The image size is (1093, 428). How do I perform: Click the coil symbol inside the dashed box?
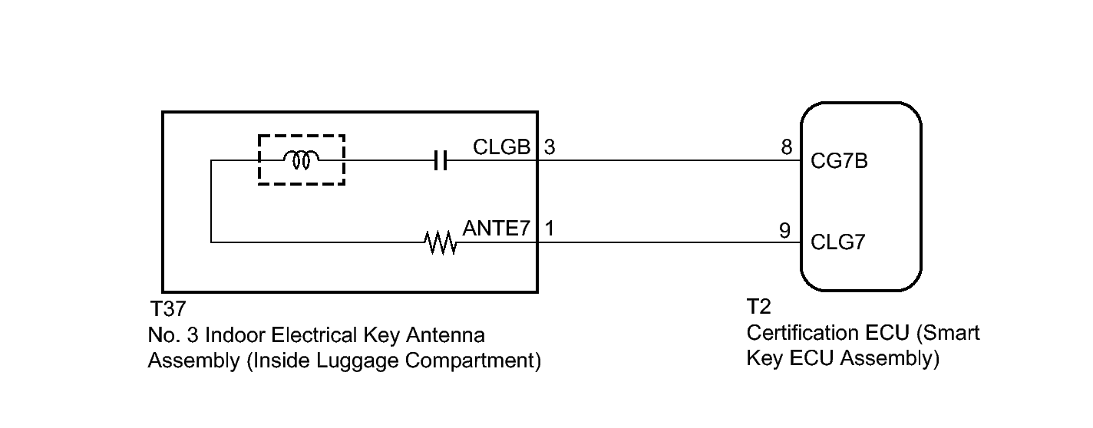301,160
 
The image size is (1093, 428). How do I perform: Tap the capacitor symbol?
440,160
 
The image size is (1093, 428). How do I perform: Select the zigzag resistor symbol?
440,242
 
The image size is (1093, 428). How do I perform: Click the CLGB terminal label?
502,147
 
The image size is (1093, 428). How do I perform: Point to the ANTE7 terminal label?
497,228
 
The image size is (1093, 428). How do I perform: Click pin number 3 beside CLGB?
550,147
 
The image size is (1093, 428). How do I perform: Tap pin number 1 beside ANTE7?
550,228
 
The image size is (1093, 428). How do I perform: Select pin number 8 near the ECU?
787,147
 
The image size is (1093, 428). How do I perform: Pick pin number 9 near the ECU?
784,230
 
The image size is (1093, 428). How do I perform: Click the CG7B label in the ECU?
839,161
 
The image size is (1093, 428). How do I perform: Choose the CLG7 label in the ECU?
838,242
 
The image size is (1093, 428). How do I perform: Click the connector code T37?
168,308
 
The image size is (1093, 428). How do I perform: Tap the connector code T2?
759,306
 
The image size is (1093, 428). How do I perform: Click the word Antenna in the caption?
445,335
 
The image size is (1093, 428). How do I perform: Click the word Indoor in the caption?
234,335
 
